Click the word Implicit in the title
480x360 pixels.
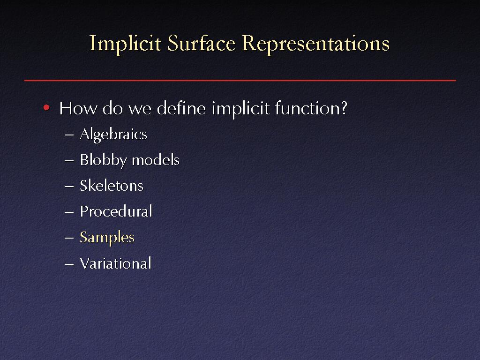coord(125,44)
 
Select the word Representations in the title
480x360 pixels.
coord(315,44)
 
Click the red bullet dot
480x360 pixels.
coord(46,107)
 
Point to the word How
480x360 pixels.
coord(78,108)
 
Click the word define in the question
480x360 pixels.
coord(181,108)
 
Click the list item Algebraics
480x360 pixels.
coord(113,135)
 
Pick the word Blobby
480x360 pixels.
coord(103,160)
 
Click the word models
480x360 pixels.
coord(156,160)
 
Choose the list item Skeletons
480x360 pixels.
coord(112,186)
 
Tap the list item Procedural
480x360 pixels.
coord(116,211)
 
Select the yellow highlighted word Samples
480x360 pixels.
coord(107,238)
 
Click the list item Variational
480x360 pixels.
coord(115,263)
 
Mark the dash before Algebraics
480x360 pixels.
coord(69,135)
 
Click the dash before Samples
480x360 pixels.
coord(69,238)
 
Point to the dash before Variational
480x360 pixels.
coord(69,263)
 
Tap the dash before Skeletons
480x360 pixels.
coord(69,186)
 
